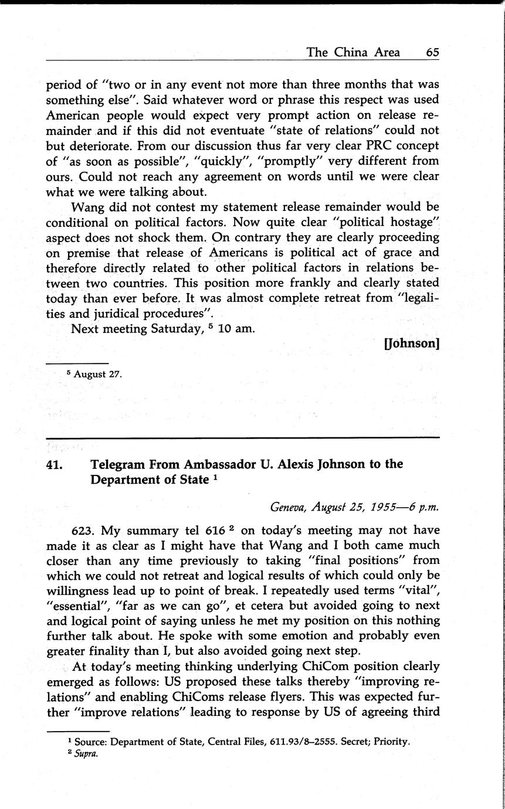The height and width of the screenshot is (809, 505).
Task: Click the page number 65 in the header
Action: coord(432,52)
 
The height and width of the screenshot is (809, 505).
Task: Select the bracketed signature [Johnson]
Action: coord(411,344)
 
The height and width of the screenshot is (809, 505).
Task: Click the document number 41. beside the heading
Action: coord(56,465)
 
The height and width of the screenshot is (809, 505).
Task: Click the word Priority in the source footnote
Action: coord(391,742)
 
